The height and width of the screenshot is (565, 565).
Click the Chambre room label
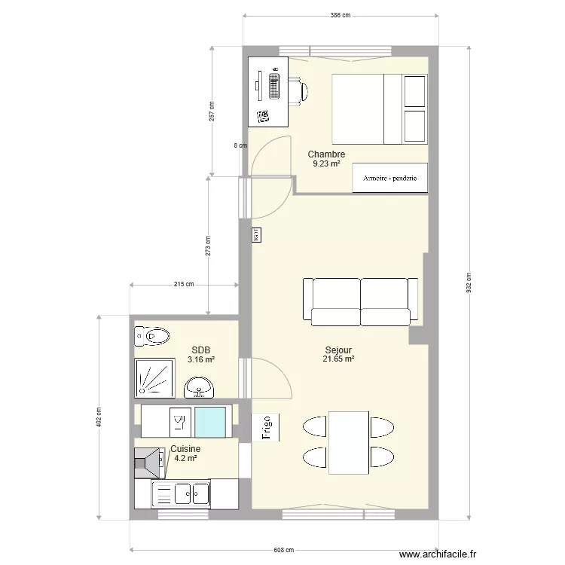(326, 154)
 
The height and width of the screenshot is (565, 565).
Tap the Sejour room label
(339, 350)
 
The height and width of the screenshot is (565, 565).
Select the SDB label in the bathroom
(200, 350)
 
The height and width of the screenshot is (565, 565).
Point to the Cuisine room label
(185, 449)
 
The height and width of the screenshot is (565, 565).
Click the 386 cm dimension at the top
(341, 15)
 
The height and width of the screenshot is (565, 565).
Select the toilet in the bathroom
(153, 335)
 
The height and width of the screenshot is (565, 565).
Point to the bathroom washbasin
(200, 387)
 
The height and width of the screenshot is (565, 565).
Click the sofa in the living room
(360, 301)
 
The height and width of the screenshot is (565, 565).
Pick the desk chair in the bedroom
(299, 90)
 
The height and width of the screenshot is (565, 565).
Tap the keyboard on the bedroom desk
(274, 84)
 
